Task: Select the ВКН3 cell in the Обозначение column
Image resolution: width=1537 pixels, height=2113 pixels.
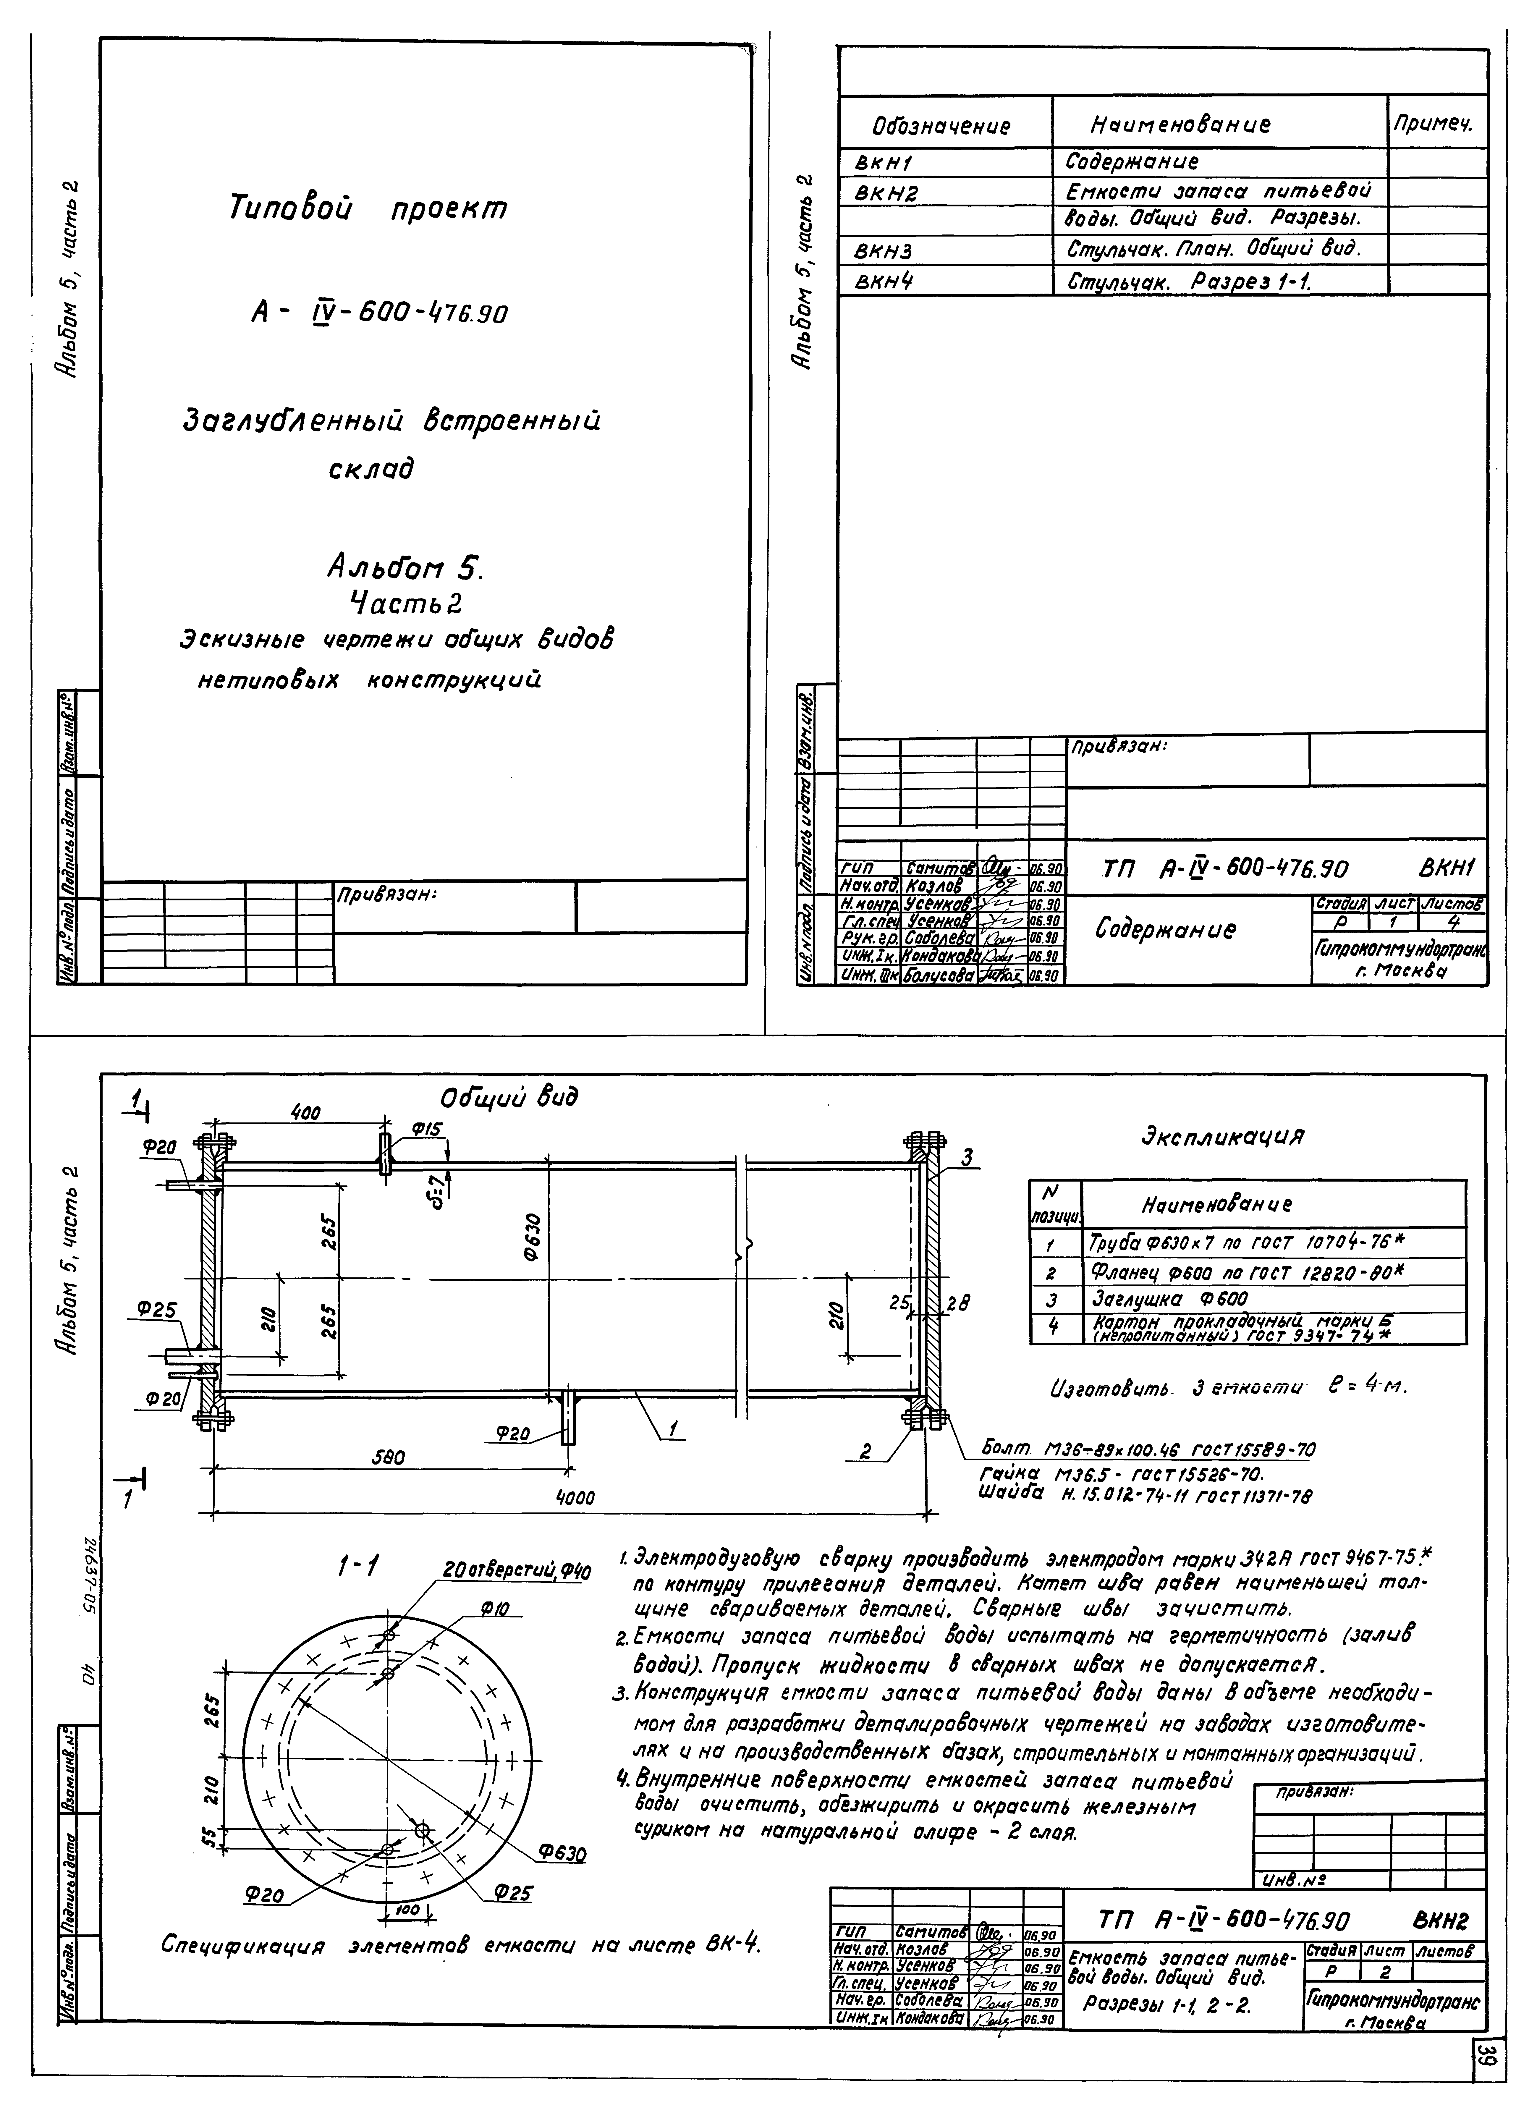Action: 883,250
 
